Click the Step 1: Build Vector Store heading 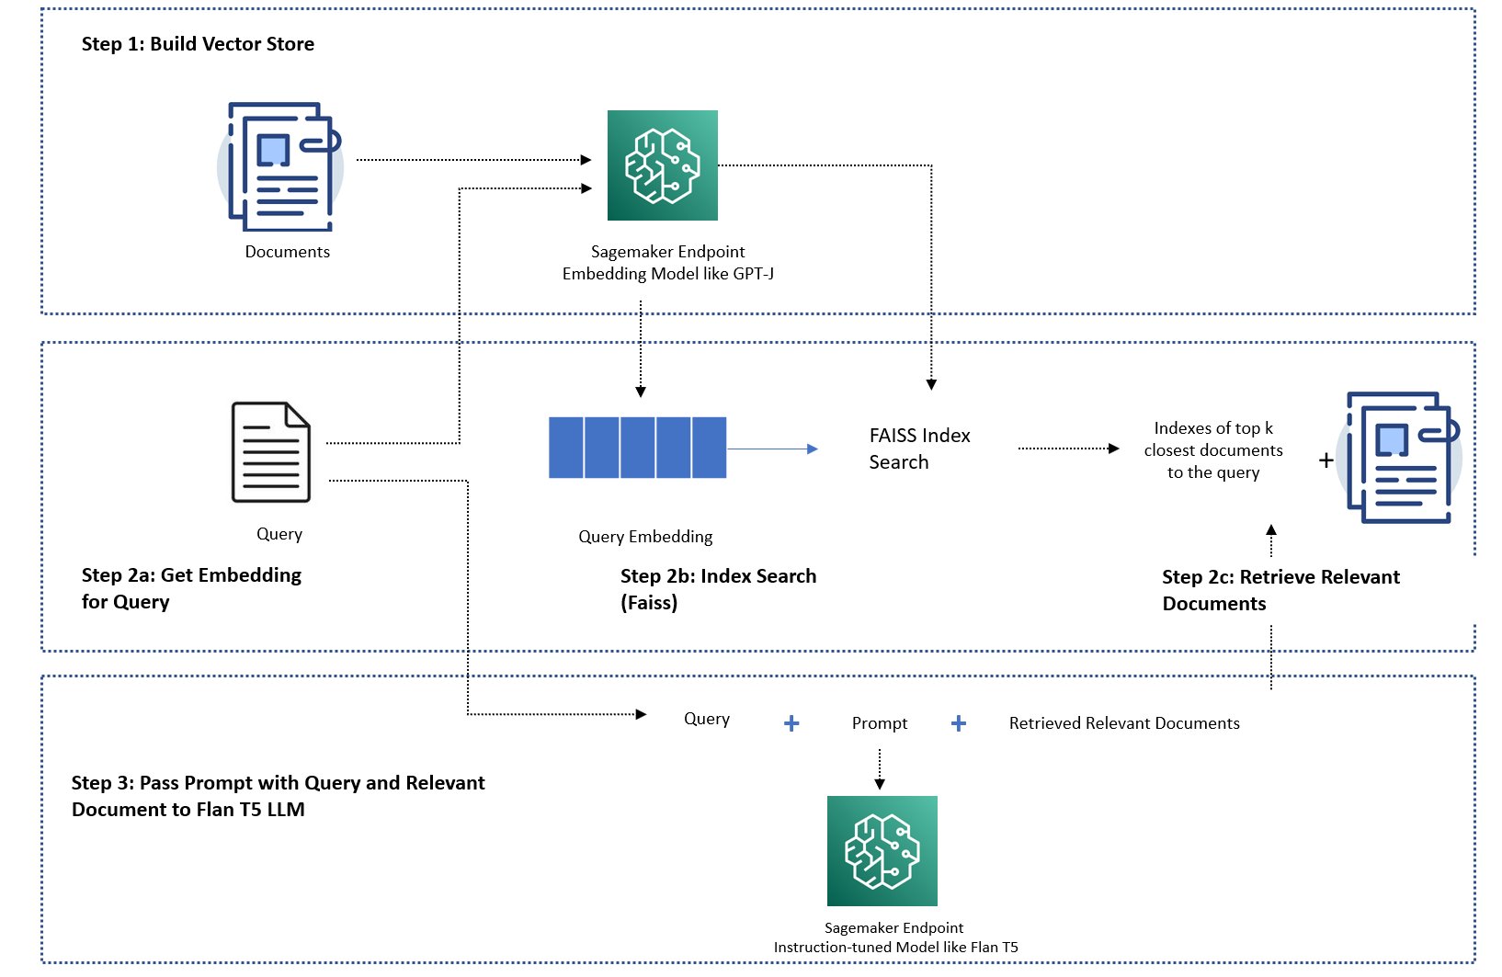[x=198, y=44]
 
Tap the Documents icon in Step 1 [x=280, y=167]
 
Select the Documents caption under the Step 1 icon [x=287, y=252]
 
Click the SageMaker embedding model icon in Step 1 [x=663, y=165]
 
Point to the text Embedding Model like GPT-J [x=668, y=274]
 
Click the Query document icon [x=271, y=451]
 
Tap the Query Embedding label [x=645, y=537]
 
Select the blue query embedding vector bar [x=637, y=448]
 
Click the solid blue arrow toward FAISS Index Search [x=772, y=449]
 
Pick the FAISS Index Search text [x=919, y=449]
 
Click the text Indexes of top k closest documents [x=1213, y=439]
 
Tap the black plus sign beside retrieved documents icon [x=1326, y=460]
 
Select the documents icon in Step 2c [x=1399, y=458]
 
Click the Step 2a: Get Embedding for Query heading [x=191, y=588]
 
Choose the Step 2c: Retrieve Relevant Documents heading [x=1280, y=590]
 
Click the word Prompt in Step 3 [x=879, y=722]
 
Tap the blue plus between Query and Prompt [x=791, y=722]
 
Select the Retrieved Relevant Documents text [x=1124, y=722]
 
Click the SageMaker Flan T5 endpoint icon [x=882, y=851]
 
